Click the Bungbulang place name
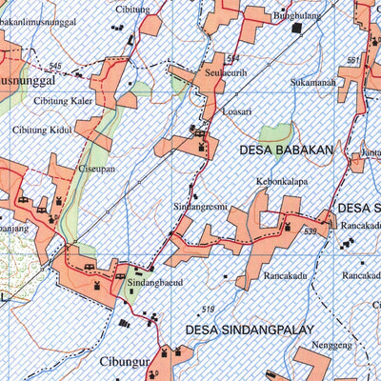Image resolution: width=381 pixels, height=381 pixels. (297, 16)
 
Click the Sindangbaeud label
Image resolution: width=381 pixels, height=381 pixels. (154, 283)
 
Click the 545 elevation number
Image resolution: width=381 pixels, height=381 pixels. (55, 65)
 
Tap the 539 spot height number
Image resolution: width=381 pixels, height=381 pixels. (311, 231)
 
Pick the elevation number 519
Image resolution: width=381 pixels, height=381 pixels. (208, 309)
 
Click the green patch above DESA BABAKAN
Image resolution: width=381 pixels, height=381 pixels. (275, 134)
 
